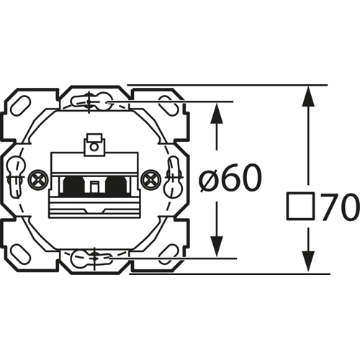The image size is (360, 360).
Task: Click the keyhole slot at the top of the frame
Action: coord(94,103)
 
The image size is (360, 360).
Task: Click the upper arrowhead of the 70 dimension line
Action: coord(309,96)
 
